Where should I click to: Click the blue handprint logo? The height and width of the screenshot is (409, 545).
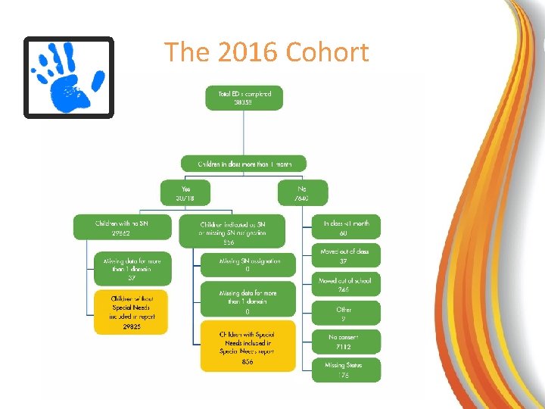pos(68,76)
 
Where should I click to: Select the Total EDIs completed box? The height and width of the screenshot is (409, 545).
pos(244,98)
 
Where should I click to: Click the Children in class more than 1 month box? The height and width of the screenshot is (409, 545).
pos(244,164)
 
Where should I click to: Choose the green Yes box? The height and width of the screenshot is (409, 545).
pos(185,192)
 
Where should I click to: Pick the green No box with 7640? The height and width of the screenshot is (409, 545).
pos(302,192)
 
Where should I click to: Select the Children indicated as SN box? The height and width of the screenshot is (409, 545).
pos(232,231)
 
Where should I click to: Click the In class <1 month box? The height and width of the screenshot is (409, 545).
pos(346,227)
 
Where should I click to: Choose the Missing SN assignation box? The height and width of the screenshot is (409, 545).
pos(248,265)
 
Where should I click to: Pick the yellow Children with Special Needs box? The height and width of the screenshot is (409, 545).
pos(248,347)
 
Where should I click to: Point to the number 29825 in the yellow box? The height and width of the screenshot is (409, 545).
pos(132,326)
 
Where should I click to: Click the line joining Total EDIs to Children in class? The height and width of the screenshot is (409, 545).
pos(244,133)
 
